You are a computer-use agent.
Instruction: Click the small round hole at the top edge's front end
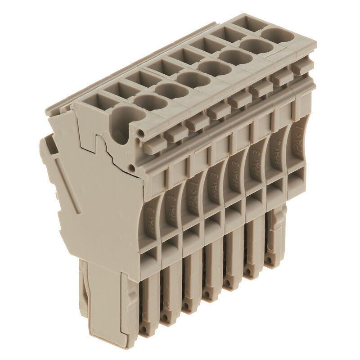pyautogui.click(x=142, y=134)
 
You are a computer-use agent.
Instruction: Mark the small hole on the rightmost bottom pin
pyautogui.click(x=269, y=261)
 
